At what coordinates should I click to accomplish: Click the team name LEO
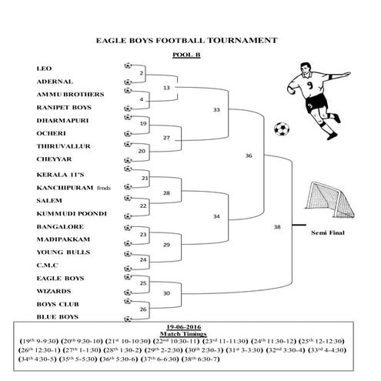pos(42,68)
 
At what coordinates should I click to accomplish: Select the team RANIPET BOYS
pos(64,107)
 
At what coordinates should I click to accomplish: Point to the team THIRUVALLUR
pos(64,146)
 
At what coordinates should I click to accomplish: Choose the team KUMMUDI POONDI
pos(72,212)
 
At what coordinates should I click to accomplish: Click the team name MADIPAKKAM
pos(64,239)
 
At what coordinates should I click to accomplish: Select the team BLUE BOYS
pos(57,317)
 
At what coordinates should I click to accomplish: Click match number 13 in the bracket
pos(167,88)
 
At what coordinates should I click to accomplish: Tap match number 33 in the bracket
pos(216,110)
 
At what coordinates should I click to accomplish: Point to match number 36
pos(249,155)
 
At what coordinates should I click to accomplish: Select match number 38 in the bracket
pos(277,227)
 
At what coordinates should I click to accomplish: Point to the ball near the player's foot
pos(282,128)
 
